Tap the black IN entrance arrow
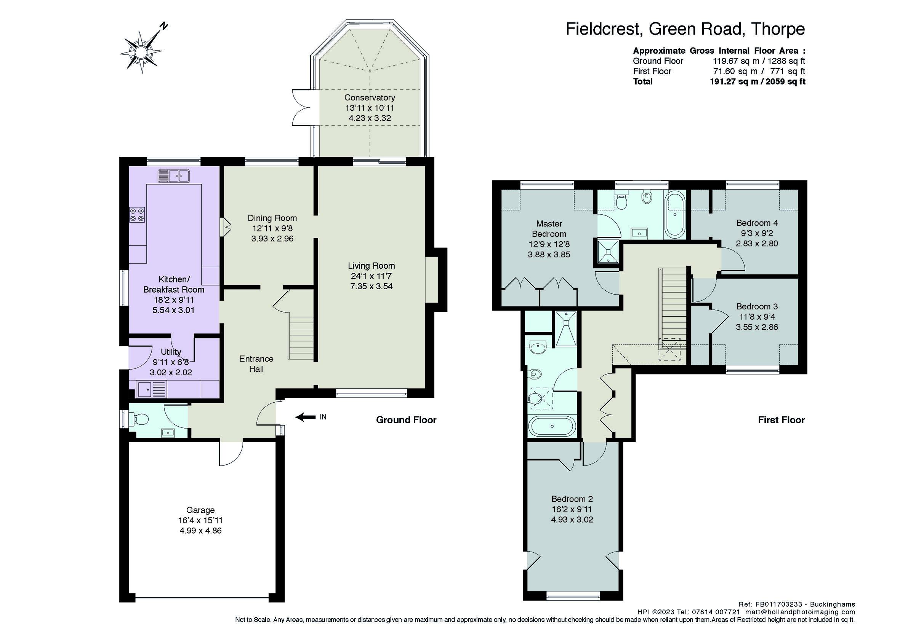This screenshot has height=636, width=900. click(x=306, y=418)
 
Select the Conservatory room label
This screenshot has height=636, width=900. click(x=369, y=97)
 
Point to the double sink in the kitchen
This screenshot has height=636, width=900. click(x=174, y=176)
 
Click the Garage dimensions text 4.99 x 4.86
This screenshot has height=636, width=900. click(x=200, y=531)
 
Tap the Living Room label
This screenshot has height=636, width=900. click(x=371, y=266)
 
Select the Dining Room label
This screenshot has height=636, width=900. click(x=272, y=218)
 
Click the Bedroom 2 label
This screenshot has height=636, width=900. click(x=572, y=499)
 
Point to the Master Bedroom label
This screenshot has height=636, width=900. click(x=549, y=229)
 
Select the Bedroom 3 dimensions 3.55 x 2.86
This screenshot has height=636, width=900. click(x=756, y=327)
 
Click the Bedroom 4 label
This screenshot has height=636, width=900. click(x=757, y=223)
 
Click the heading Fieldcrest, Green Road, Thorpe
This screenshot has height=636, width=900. click(x=685, y=29)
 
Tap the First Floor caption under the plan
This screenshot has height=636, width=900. click(x=781, y=420)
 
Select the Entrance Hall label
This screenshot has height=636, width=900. click(x=256, y=364)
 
